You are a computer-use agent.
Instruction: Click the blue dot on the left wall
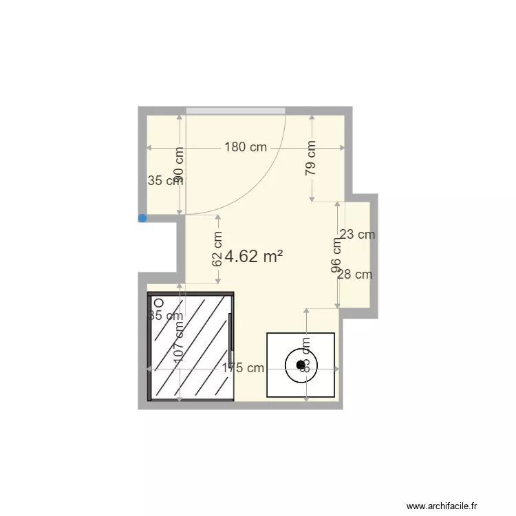[142, 218]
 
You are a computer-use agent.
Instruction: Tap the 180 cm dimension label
[245, 147]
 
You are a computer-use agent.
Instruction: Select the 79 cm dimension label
[312, 158]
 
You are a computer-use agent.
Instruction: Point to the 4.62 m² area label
[254, 257]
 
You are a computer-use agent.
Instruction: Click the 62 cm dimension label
[217, 248]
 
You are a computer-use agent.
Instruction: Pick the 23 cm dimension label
[357, 235]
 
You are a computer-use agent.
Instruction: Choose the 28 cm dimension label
[354, 275]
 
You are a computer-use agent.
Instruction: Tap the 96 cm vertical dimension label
[337, 255]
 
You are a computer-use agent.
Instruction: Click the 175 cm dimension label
[242, 368]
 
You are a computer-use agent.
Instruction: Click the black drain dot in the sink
[300, 365]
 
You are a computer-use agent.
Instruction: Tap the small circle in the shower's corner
[158, 302]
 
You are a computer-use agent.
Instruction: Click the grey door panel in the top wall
[235, 111]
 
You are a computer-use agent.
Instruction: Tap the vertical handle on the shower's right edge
[231, 330]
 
